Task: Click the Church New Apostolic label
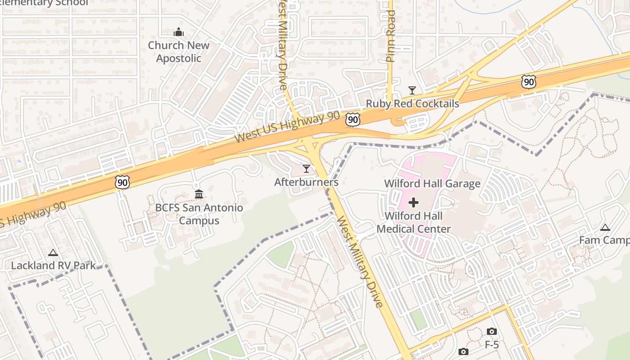tap(179, 52)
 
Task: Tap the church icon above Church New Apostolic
tap(179, 32)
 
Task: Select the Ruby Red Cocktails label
tap(412, 103)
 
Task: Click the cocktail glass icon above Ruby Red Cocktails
tap(412, 90)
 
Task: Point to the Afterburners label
tap(306, 182)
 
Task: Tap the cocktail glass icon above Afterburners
tap(306, 169)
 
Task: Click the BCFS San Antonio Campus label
tap(199, 214)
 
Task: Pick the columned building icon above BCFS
tap(199, 194)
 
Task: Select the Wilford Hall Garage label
tap(432, 184)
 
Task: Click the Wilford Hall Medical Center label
tap(414, 222)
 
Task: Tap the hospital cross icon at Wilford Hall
tap(413, 203)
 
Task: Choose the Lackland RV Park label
tap(53, 265)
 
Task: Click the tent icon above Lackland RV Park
tap(53, 252)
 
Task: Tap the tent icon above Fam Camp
tap(605, 227)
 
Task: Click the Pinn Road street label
tap(391, 36)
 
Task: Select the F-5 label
tap(492, 345)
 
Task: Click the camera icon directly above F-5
tap(492, 332)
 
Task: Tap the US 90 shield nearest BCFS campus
tap(122, 182)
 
